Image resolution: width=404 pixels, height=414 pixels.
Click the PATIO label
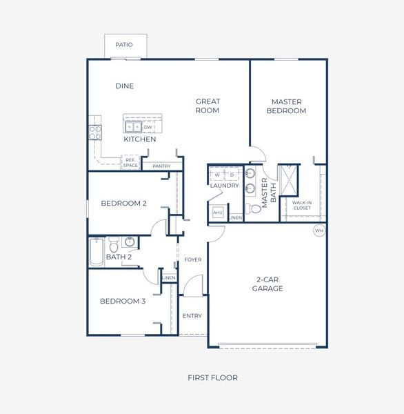[124, 45]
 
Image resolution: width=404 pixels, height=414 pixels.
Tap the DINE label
[125, 86]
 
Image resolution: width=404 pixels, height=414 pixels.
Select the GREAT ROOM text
[207, 106]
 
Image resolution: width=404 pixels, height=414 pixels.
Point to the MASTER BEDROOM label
[287, 106]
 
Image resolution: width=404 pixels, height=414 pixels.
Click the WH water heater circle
[319, 230]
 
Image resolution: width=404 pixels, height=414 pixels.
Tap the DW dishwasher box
[148, 127]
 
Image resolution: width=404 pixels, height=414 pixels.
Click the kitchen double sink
[132, 127]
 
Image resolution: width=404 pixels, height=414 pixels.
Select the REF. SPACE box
[130, 163]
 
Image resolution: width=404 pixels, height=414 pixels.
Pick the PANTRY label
[161, 166]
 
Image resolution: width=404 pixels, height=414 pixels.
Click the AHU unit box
[218, 213]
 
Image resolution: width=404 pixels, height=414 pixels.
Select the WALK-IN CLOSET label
[302, 205]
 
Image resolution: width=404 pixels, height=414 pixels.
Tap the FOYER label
[192, 259]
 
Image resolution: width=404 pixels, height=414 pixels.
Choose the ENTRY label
[192, 316]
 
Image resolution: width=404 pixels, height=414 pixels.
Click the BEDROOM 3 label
[123, 301]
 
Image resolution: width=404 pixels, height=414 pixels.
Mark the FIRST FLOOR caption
[212, 377]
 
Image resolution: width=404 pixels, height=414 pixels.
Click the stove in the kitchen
[95, 131]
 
